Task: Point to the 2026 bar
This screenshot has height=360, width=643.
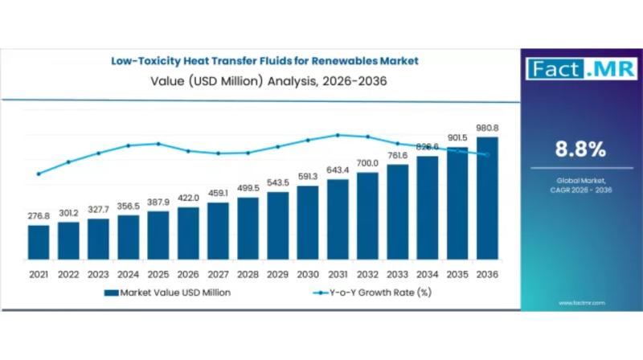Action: pos(188,235)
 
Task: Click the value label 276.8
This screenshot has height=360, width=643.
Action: pos(38,216)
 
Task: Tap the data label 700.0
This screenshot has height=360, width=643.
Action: pos(367,163)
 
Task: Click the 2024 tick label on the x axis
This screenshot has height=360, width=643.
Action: pos(128,275)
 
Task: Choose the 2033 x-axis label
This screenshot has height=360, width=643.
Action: pos(397,275)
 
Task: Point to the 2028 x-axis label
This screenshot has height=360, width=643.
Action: pos(248,275)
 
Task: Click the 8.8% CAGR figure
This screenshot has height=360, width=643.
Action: pos(580,149)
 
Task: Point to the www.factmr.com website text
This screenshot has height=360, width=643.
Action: pos(581,303)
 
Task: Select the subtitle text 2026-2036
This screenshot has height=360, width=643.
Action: pos(337,80)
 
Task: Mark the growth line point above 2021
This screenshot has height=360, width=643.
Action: pos(38,174)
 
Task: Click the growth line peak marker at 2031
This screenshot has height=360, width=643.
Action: pos(338,135)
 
